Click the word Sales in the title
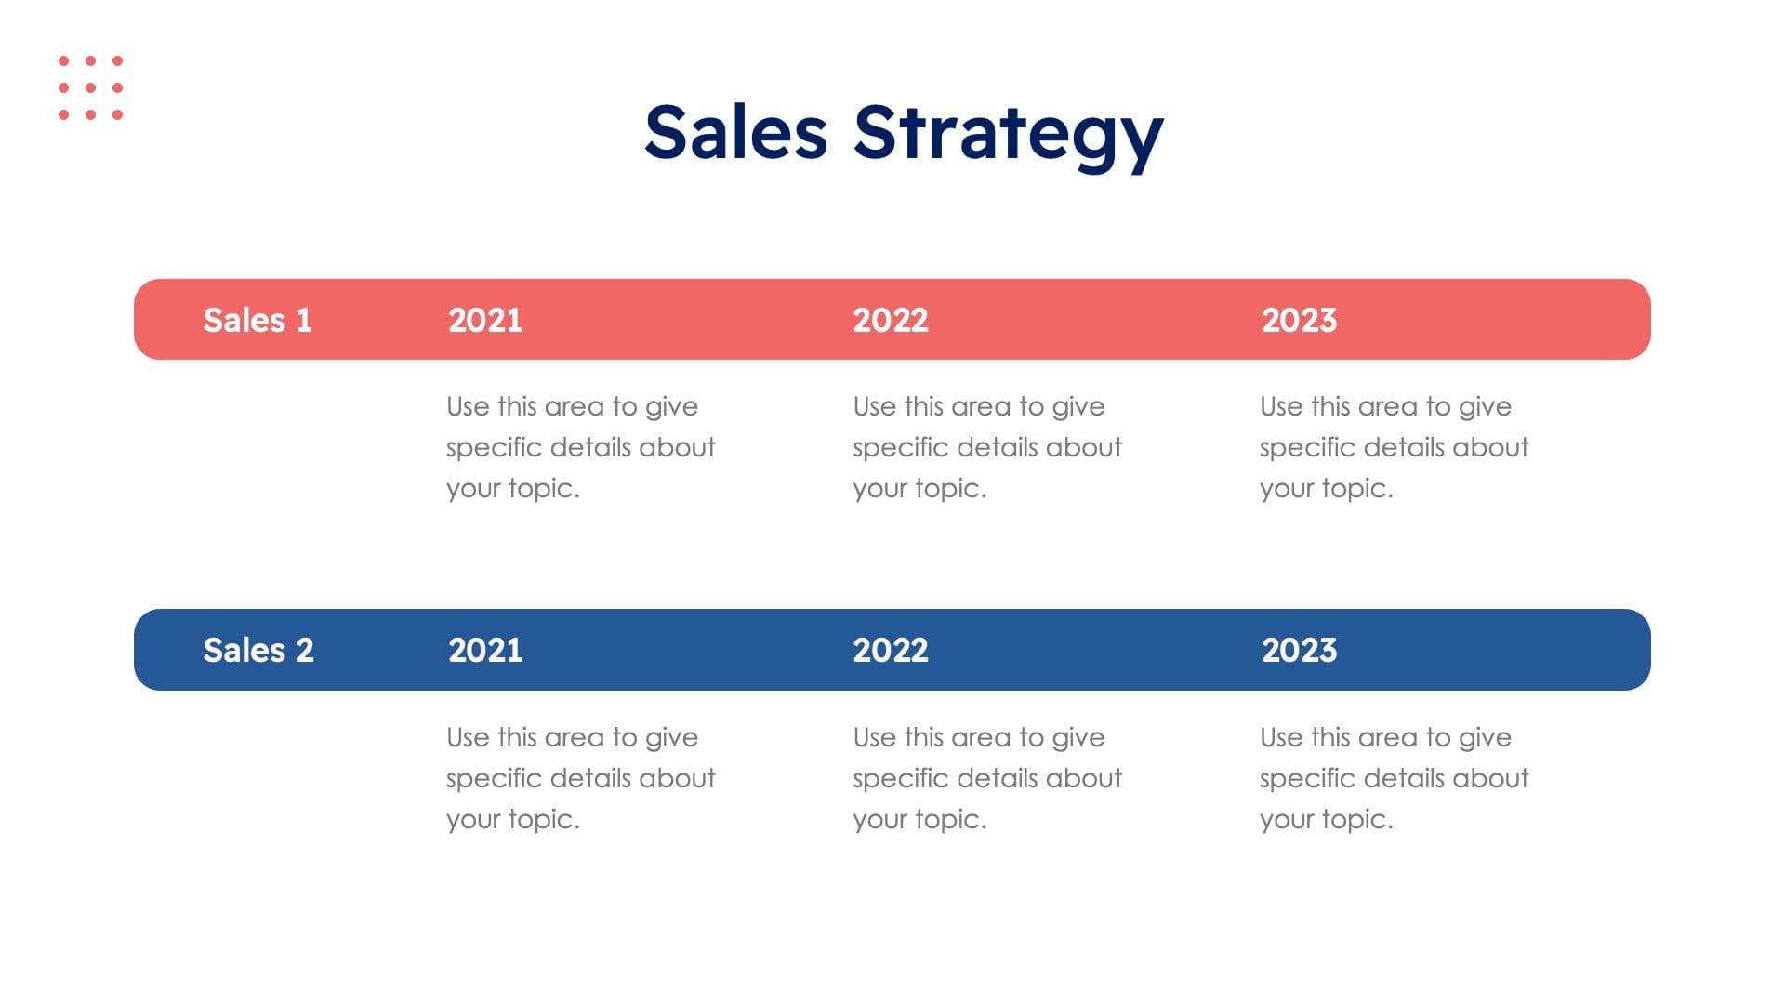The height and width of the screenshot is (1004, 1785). (x=735, y=132)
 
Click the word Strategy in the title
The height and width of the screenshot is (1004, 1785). (x=1008, y=136)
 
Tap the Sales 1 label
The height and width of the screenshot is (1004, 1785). (x=258, y=320)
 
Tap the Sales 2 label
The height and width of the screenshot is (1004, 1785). (x=258, y=650)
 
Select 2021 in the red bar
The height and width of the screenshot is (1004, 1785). (x=485, y=320)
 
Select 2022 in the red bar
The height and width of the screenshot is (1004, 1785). (x=891, y=320)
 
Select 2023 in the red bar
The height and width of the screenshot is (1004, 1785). (x=1299, y=320)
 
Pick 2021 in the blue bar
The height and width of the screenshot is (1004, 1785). (x=485, y=650)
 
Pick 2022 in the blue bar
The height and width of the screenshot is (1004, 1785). (x=891, y=650)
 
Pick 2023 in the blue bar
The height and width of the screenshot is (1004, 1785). (x=1299, y=650)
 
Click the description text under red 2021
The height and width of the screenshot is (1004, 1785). (x=580, y=447)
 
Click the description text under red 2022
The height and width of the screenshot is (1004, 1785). (x=987, y=447)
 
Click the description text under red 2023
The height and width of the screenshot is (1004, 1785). (x=1394, y=447)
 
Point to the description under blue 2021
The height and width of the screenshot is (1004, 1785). (x=580, y=778)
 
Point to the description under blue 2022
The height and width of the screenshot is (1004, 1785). (x=987, y=778)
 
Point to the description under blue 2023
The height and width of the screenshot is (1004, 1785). (x=1394, y=778)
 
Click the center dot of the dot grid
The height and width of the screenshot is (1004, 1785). (x=90, y=87)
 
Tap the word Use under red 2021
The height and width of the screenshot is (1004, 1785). (x=468, y=406)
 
